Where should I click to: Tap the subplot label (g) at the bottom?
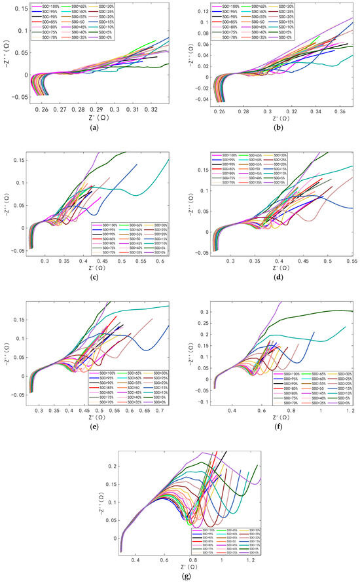coord(181,576)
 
